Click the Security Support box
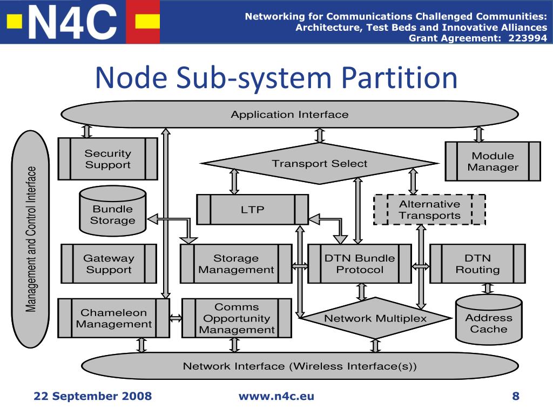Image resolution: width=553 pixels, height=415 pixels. point(107,159)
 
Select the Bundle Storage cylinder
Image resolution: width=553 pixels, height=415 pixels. point(113,211)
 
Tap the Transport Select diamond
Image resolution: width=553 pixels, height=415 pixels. point(320,163)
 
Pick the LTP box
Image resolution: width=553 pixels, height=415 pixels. point(253,209)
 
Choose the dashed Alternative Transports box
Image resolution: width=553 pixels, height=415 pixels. point(429,210)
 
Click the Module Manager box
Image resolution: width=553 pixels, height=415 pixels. point(493,161)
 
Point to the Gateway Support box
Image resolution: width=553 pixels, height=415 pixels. point(109,264)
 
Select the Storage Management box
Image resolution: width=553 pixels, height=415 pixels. point(236,264)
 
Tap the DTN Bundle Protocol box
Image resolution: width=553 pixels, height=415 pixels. point(360,264)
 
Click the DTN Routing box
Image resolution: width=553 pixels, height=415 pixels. point(477,264)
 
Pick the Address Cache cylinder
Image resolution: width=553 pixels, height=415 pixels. point(489,319)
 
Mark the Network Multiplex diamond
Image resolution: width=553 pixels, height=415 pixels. point(376,318)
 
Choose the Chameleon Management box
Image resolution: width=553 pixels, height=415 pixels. point(113,318)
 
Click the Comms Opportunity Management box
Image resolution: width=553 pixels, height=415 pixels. point(237,318)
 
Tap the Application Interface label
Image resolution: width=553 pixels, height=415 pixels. point(289,115)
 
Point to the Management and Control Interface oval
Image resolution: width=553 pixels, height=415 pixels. point(31,239)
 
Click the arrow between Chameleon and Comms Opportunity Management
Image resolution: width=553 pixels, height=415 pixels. point(176,318)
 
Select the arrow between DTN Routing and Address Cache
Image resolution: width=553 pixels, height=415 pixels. point(488,289)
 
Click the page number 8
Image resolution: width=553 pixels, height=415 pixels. point(516,396)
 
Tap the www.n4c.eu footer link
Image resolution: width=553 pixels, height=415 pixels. point(276,396)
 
